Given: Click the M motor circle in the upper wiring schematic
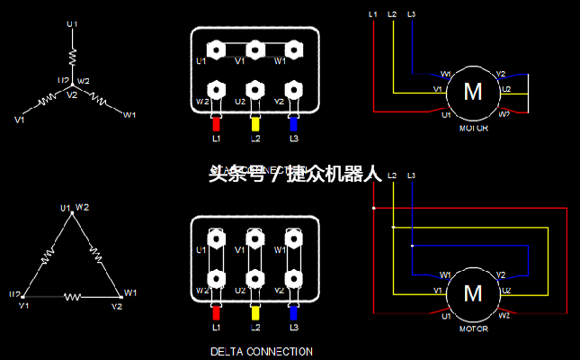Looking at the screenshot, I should pyautogui.click(x=472, y=91).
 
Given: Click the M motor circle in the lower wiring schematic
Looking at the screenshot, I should pyautogui.click(x=472, y=292).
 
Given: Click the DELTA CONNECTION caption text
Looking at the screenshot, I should pyautogui.click(x=261, y=351).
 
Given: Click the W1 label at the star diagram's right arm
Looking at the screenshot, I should pyautogui.click(x=129, y=115).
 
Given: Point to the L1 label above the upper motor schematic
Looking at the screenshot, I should pyautogui.click(x=373, y=14).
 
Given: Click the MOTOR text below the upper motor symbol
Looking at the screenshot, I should pyautogui.click(x=473, y=128).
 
